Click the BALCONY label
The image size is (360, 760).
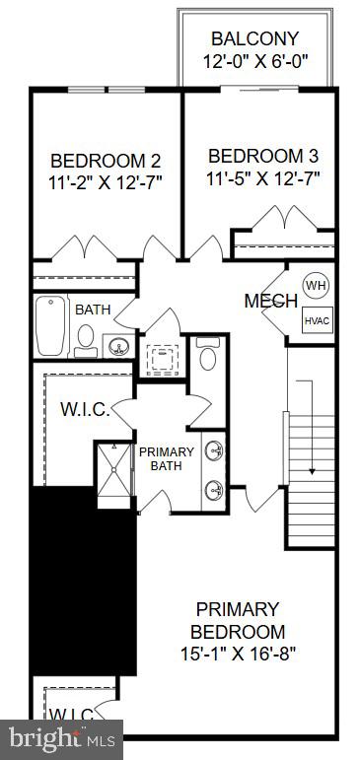(x=254, y=38)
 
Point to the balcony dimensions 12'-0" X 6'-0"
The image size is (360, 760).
(x=254, y=61)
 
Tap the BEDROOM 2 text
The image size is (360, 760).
(x=106, y=161)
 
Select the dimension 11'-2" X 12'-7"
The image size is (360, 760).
(x=106, y=182)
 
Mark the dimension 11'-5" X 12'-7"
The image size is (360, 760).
(x=263, y=178)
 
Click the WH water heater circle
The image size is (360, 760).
(x=314, y=285)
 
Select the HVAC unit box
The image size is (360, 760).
(x=316, y=319)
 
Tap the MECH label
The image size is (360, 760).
(x=270, y=301)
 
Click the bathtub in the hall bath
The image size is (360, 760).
(x=50, y=326)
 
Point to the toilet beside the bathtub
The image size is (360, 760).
(x=86, y=340)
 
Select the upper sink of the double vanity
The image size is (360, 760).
(x=214, y=450)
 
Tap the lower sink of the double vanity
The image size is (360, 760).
(x=214, y=488)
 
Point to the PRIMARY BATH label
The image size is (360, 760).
(x=166, y=459)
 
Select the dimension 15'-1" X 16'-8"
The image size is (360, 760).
(x=237, y=653)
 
